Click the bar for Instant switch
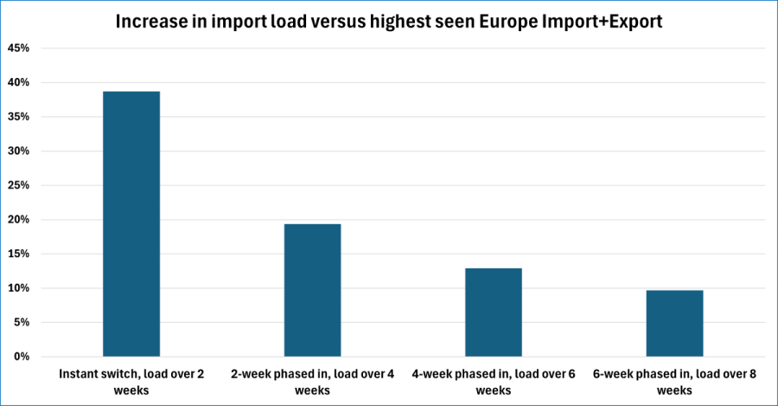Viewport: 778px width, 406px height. point(131,223)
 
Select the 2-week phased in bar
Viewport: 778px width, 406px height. point(312,290)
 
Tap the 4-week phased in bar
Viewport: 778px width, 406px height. point(493,312)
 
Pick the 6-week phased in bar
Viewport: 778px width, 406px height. point(674,323)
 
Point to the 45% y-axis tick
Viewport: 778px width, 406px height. point(19,48)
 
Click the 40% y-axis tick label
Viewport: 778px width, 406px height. point(19,83)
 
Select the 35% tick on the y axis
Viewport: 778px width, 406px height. point(19,117)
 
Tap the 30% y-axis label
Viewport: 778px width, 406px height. point(19,151)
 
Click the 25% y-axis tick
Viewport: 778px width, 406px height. point(19,185)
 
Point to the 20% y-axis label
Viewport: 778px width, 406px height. point(19,220)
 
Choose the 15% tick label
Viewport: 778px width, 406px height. point(19,254)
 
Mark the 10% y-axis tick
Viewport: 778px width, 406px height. point(19,288)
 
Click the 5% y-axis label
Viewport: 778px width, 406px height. point(22,322)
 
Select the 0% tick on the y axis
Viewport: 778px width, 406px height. point(22,357)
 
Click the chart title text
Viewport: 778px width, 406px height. point(389,22)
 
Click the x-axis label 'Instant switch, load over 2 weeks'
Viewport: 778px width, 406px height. point(131,382)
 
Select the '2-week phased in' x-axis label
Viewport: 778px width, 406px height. point(312,382)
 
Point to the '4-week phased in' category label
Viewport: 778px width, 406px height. point(493,382)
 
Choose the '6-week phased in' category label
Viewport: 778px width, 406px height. point(674,382)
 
